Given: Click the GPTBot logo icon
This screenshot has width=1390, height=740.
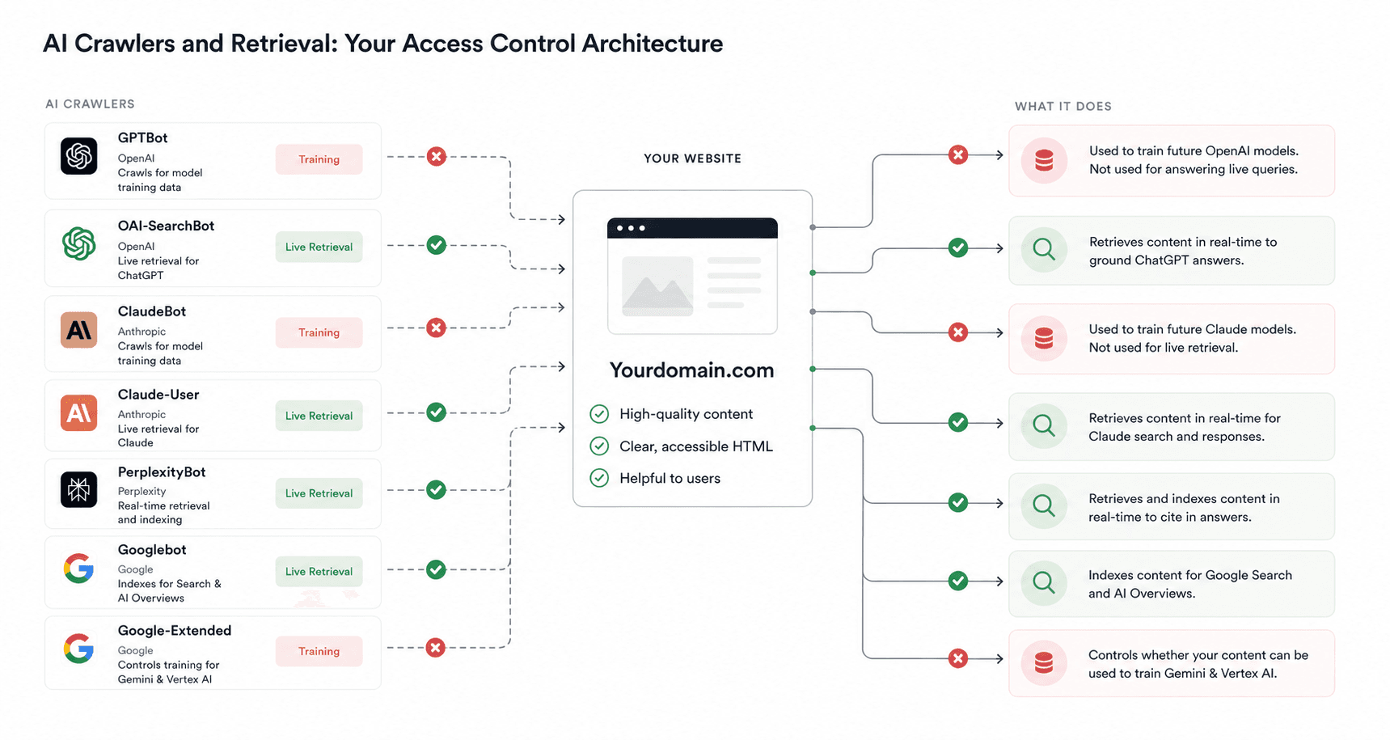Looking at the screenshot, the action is (78, 156).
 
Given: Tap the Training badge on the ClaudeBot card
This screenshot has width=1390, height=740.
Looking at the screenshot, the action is (319, 332).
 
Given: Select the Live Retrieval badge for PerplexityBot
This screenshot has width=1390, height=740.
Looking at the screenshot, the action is (319, 493).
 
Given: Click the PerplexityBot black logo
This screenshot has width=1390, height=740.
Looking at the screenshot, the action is (78, 489).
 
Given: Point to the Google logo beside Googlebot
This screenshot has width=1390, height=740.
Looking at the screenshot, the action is (78, 569).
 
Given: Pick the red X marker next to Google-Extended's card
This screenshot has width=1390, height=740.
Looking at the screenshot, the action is (436, 648).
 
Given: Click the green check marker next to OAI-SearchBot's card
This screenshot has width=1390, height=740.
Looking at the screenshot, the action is (437, 245).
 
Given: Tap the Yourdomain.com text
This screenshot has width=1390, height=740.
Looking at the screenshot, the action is (691, 370).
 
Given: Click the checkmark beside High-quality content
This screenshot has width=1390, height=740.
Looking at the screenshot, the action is (599, 414).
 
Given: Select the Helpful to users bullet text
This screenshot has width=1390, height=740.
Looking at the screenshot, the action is (670, 478).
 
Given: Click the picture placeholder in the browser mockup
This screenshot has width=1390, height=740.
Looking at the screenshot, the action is (657, 286).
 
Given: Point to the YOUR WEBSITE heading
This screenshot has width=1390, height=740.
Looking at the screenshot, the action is (692, 159).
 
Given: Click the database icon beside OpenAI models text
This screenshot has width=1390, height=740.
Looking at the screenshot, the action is (1044, 160).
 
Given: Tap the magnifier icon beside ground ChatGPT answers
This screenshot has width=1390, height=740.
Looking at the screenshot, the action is (1044, 249).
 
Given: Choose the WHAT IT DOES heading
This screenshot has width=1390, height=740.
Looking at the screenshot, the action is (1063, 106).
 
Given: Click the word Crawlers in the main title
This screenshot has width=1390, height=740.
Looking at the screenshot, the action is (125, 43).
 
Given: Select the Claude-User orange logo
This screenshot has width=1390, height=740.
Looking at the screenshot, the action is (78, 413).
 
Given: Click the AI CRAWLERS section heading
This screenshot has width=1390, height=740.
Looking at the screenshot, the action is (90, 104).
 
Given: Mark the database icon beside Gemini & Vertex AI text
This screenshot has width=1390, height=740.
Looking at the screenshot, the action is (1044, 663).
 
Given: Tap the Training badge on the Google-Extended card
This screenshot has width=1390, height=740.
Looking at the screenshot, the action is (319, 651).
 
